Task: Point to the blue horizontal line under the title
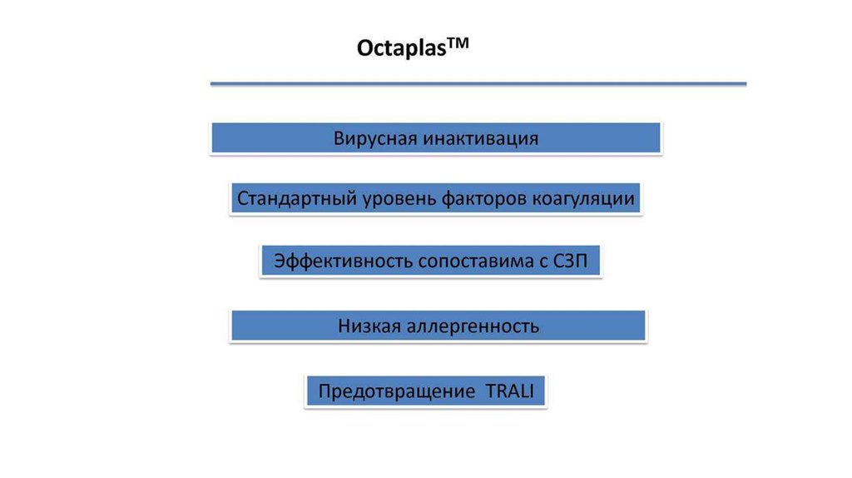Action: tap(478, 83)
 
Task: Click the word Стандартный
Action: tap(296, 200)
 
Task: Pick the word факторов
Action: tap(484, 200)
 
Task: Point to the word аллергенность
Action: tap(473, 326)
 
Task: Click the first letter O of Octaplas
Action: tap(364, 48)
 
